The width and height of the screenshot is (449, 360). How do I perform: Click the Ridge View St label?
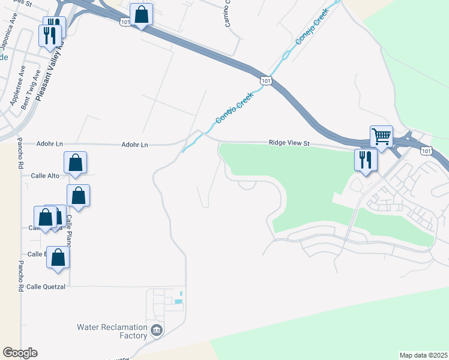click(x=289, y=143)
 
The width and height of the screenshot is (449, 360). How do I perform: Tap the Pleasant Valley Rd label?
click(x=50, y=69)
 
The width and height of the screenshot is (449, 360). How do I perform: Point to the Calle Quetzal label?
click(x=46, y=287)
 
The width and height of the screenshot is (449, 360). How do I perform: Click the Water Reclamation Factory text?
click(x=112, y=331)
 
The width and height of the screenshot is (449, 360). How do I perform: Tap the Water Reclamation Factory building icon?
click(x=157, y=329)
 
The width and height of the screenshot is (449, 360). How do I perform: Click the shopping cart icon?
click(x=381, y=137)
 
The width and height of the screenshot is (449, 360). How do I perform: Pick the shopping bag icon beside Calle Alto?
click(x=76, y=162)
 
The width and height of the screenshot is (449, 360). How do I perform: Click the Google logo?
click(x=20, y=353)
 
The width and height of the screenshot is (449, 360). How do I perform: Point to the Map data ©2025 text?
click(x=424, y=355)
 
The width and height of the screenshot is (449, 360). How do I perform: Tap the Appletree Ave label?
click(x=18, y=86)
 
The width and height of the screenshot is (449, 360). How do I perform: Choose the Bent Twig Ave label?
click(x=31, y=90)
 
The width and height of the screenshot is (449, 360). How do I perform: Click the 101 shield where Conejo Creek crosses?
click(x=265, y=80)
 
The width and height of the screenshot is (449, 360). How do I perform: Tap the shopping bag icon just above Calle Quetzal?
click(x=58, y=257)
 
